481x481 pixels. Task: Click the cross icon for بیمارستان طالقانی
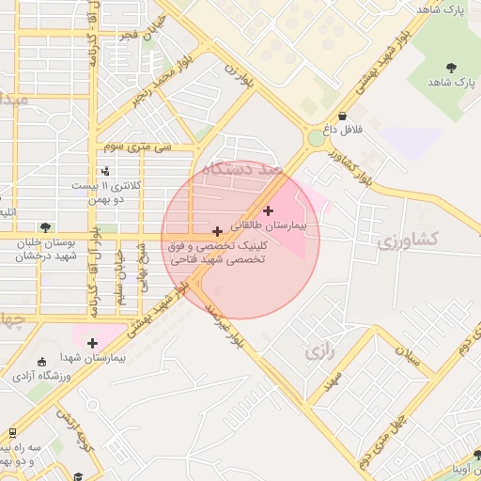[270, 210]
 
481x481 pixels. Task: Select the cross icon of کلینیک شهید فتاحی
[218, 230]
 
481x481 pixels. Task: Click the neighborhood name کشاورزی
[408, 240]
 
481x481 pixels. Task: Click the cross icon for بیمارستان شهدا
[92, 343]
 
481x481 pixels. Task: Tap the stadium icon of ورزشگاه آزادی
[40, 362]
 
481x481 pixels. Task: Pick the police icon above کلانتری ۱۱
[105, 171]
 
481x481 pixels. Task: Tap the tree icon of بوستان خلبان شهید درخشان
[44, 226]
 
